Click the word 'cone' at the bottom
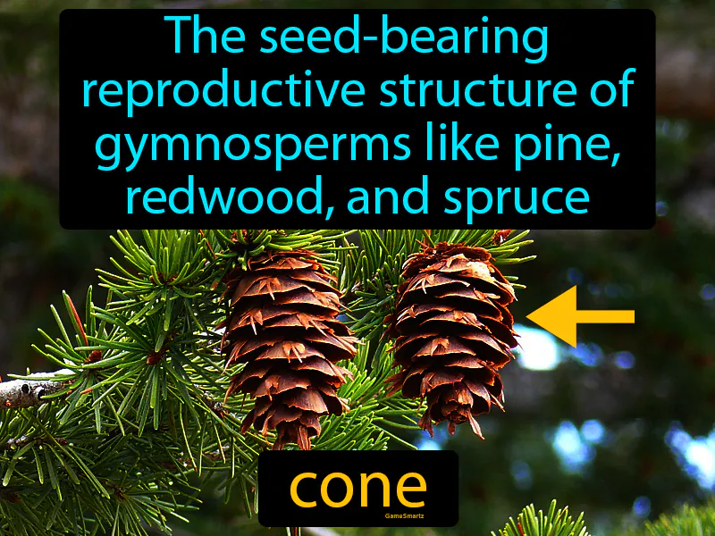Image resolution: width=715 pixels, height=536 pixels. (357, 487)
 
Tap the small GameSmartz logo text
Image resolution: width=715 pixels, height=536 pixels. (357, 516)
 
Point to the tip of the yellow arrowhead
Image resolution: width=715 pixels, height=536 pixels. (528, 316)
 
